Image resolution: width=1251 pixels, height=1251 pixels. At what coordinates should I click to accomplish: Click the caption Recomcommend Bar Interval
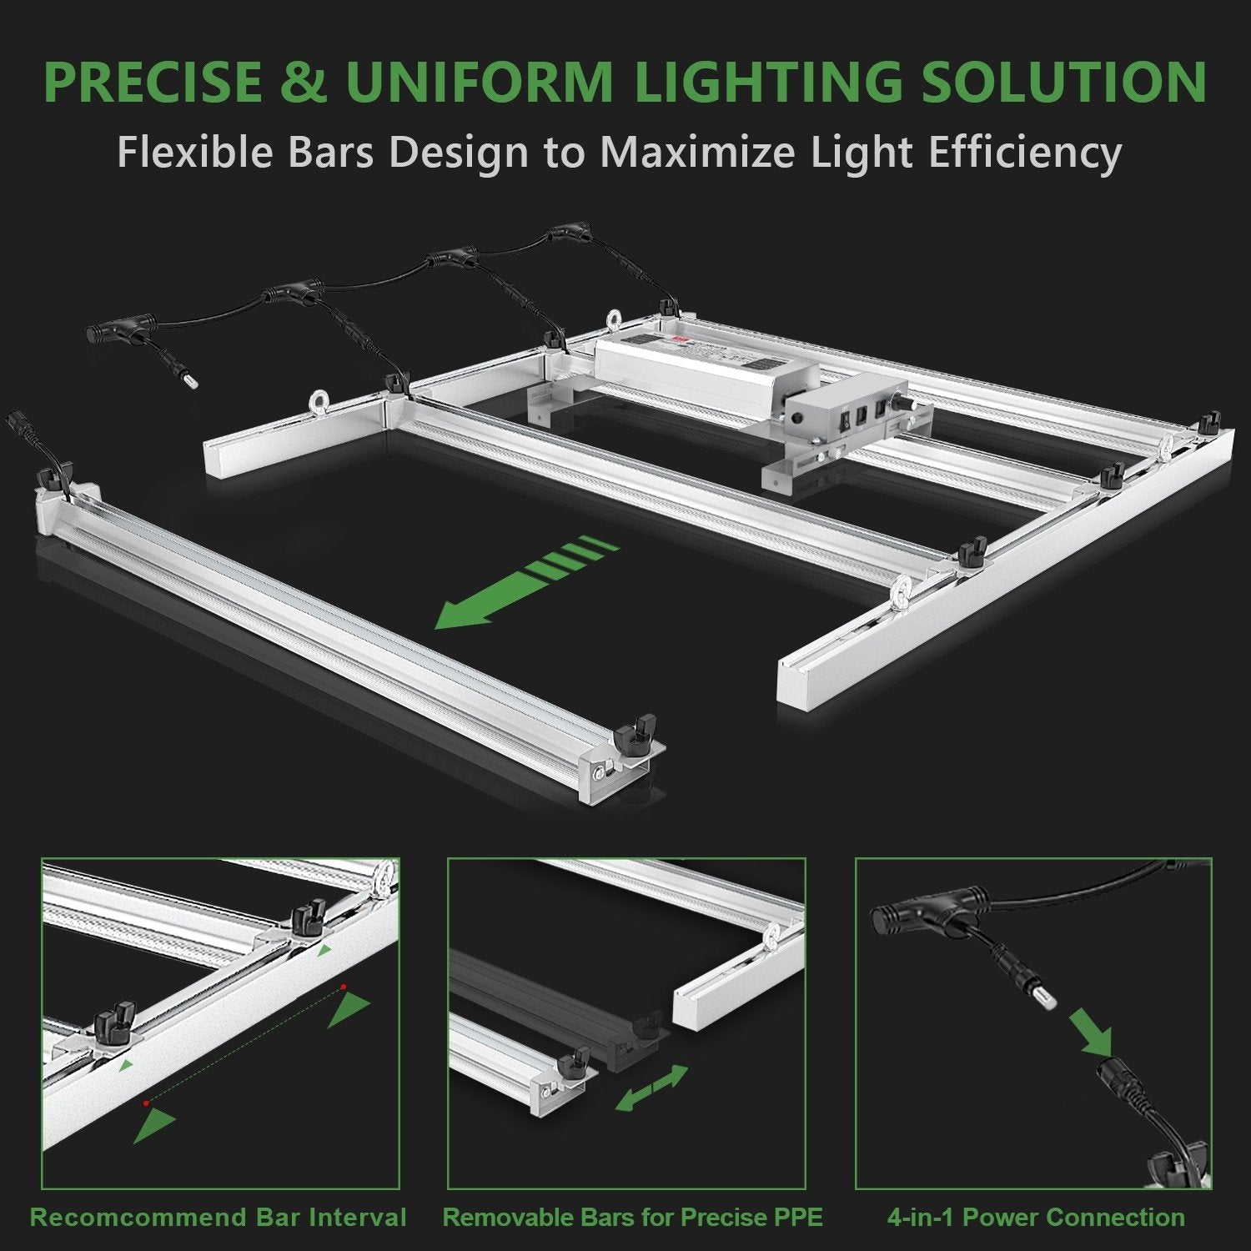219,1217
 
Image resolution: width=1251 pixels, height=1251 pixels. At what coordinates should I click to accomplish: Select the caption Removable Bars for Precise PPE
632,1217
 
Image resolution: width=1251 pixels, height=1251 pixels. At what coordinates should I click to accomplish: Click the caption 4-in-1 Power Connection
1035,1217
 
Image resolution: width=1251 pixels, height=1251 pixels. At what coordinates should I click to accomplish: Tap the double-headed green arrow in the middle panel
651,1088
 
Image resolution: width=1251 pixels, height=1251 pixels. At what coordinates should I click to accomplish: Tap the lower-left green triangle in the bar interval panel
155,1126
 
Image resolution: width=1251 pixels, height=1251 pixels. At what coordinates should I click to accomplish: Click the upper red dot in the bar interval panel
342,987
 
